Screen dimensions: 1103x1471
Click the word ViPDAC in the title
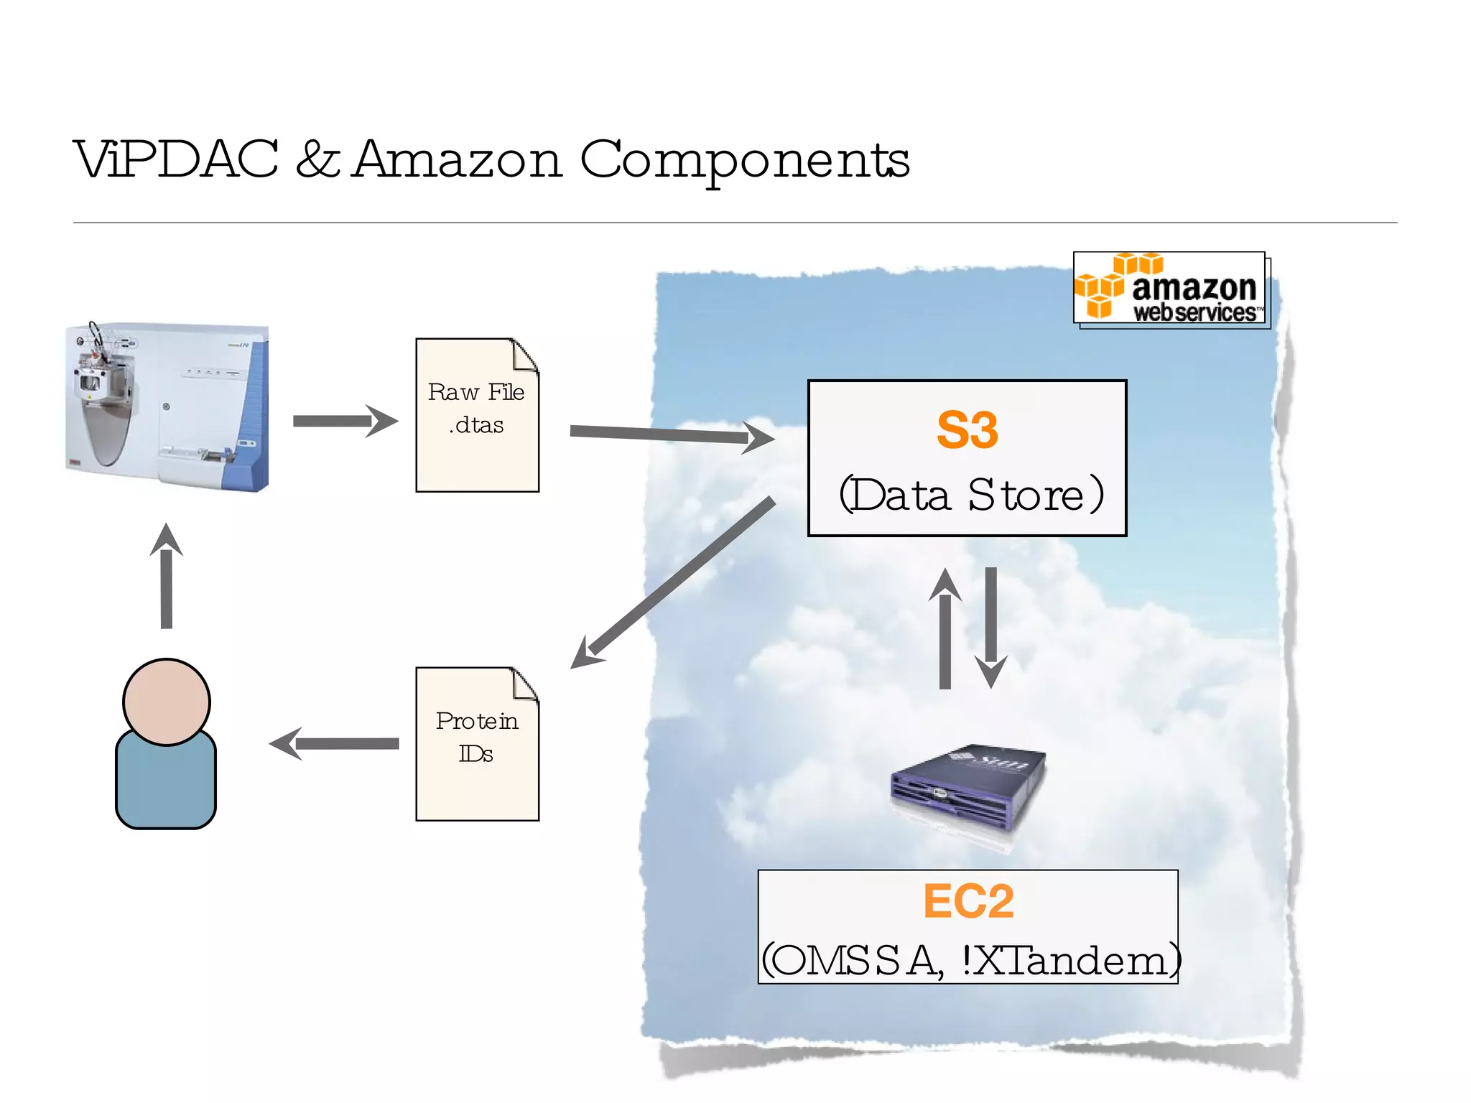[x=176, y=159]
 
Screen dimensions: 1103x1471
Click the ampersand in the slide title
[x=317, y=159]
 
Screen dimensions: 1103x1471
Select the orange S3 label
[x=967, y=431]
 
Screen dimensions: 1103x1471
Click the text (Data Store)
[x=970, y=495]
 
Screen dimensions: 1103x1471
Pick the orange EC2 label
[x=968, y=901]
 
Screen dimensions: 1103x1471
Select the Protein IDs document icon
[x=477, y=745]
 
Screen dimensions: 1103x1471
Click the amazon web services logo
[x=1170, y=289]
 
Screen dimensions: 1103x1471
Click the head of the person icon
[x=166, y=702]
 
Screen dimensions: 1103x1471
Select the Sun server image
[x=967, y=788]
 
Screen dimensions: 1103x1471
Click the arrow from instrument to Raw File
[x=345, y=421]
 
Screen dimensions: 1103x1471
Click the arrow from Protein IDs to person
[x=334, y=744]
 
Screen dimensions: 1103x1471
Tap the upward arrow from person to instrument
[x=166, y=578]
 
